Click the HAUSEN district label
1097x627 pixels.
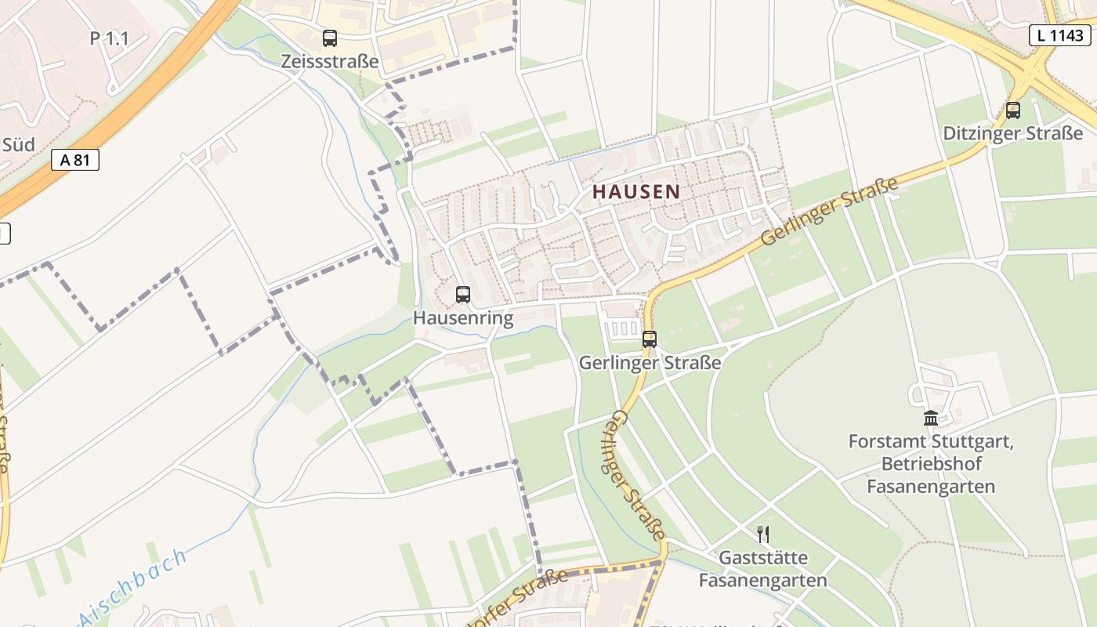click(635, 191)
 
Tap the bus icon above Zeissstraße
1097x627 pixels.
click(330, 38)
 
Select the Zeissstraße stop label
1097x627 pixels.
click(330, 61)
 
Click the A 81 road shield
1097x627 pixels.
click(75, 160)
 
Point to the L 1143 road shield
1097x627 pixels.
click(1060, 34)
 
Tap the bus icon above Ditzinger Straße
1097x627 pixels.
click(1013, 110)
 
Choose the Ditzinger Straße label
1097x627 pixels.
click(1012, 133)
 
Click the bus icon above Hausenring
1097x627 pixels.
click(463, 295)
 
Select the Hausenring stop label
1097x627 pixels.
click(463, 318)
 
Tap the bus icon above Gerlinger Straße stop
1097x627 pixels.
click(650, 339)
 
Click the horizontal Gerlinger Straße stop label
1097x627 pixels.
click(650, 363)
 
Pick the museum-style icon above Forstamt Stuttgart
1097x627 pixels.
click(931, 418)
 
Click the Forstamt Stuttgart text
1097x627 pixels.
click(931, 441)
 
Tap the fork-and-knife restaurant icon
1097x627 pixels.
click(763, 535)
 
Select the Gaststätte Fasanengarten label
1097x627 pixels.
click(762, 570)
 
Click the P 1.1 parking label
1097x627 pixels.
click(109, 38)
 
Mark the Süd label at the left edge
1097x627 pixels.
click(19, 144)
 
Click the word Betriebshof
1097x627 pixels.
click(931, 464)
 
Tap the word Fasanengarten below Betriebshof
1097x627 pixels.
click(931, 487)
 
